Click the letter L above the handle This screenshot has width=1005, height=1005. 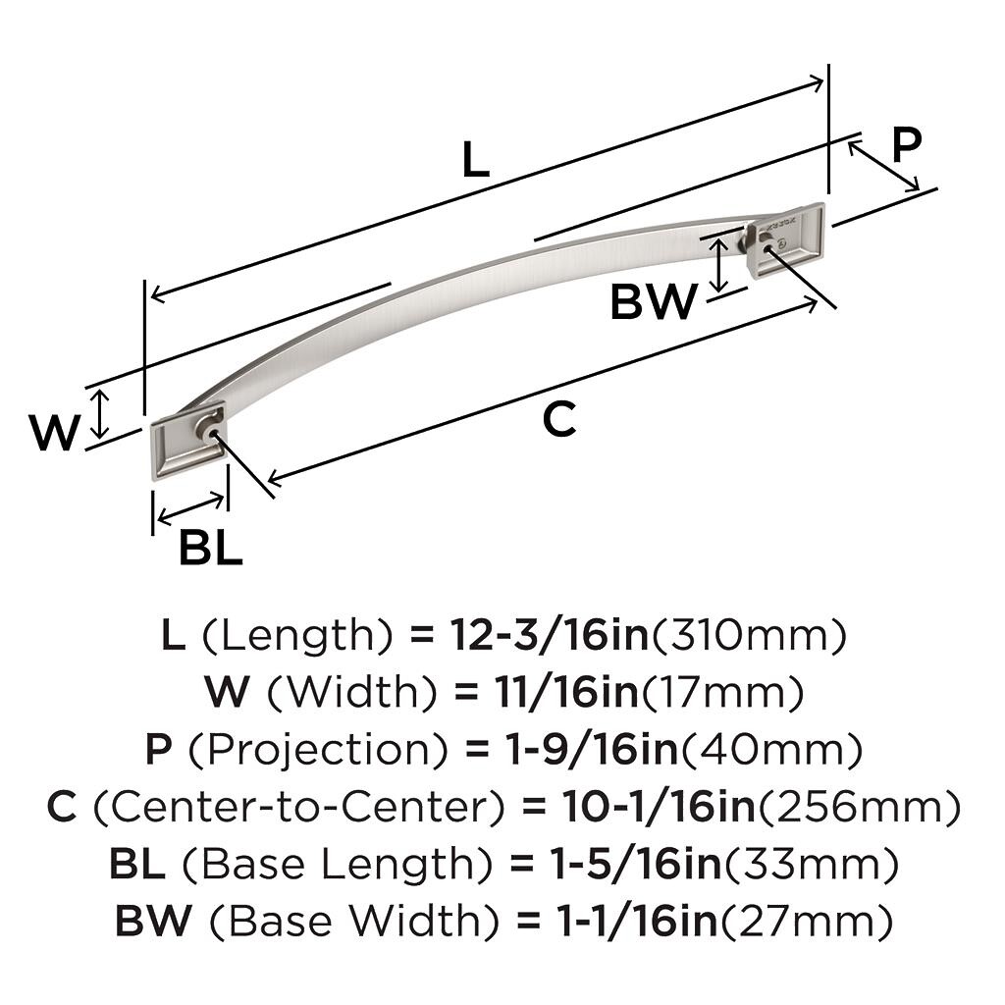click(x=475, y=159)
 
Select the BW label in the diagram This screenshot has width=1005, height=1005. click(x=653, y=301)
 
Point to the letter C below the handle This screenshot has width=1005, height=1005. click(x=558, y=420)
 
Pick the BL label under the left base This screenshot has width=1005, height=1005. click(x=210, y=549)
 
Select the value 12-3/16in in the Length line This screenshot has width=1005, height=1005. click(x=550, y=637)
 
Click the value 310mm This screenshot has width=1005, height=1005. click(x=748, y=637)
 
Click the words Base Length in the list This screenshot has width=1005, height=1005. click(x=338, y=865)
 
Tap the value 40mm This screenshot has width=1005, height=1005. click(x=771, y=751)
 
